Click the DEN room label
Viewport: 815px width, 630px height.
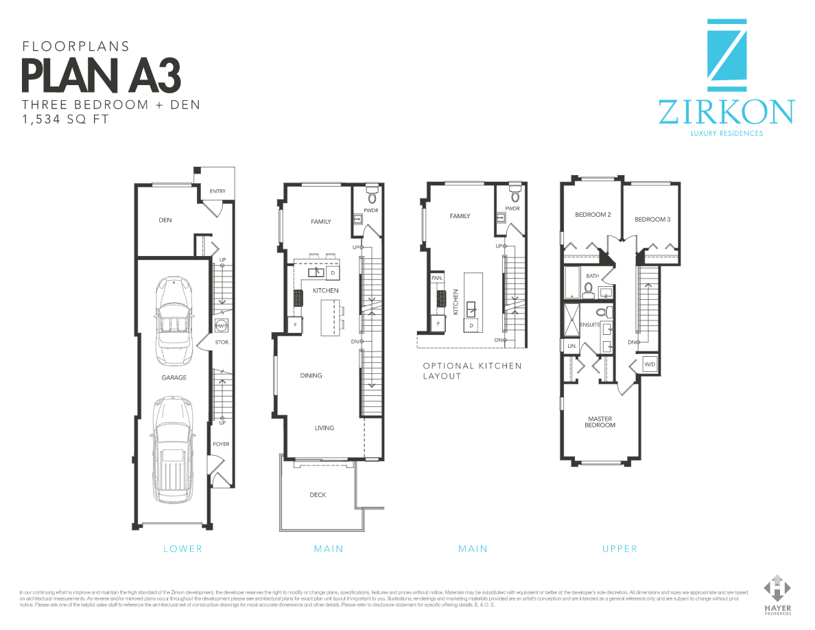click(x=165, y=220)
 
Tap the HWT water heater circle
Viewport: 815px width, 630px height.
click(x=222, y=325)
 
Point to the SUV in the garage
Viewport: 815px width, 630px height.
click(x=169, y=447)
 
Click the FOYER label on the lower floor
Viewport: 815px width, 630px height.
click(x=221, y=444)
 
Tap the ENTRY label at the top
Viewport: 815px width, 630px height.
click(x=217, y=191)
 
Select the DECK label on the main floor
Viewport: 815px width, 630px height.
click(x=318, y=495)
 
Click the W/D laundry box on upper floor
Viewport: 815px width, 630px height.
click(x=649, y=364)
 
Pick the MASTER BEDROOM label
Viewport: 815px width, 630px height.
click(x=600, y=422)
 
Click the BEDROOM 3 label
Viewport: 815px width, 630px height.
click(x=652, y=220)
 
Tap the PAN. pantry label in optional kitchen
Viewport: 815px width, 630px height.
click(x=436, y=278)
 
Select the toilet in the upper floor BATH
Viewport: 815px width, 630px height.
click(x=588, y=290)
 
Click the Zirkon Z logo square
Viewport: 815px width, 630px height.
click(x=727, y=55)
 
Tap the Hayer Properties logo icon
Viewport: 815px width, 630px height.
click(x=777, y=588)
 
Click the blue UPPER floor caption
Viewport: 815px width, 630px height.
click(x=619, y=548)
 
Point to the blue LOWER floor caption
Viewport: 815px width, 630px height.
click(x=182, y=548)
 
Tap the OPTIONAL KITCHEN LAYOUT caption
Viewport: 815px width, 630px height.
click(x=472, y=371)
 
